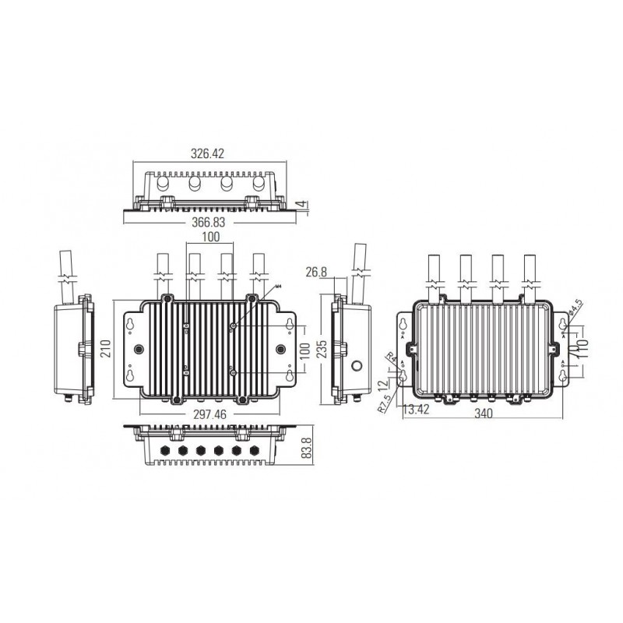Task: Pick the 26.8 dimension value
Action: [x=315, y=272]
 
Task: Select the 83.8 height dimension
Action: [x=308, y=449]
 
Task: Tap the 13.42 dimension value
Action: [x=414, y=408]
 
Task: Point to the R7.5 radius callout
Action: [x=384, y=403]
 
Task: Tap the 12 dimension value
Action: [x=382, y=383]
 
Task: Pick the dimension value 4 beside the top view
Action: [x=302, y=205]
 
